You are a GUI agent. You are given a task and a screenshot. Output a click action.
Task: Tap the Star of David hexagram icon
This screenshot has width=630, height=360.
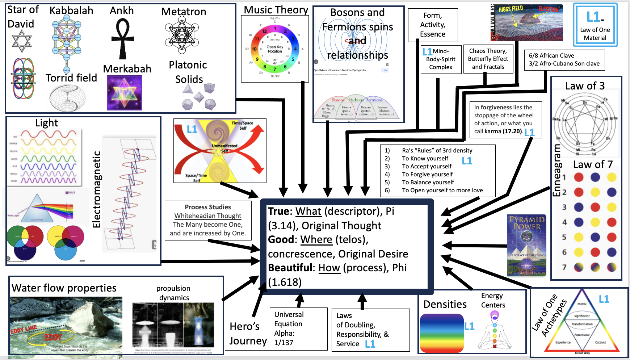pos(22,41)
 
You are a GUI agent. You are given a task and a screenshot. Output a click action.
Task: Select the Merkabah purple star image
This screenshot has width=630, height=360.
pos(124,93)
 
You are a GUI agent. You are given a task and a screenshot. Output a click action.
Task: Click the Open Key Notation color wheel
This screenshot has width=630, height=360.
pos(275,49)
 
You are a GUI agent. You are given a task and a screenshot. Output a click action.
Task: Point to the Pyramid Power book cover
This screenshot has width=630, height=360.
pos(526,245)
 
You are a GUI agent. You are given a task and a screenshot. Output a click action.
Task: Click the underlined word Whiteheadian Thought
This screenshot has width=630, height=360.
pos(207,216)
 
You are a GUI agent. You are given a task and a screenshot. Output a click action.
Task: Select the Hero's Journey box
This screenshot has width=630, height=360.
pos(248,334)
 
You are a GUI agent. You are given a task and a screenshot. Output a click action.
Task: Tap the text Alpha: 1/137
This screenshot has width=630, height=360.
pos(284,338)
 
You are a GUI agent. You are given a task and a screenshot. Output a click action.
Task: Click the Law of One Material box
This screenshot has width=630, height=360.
pos(595,25)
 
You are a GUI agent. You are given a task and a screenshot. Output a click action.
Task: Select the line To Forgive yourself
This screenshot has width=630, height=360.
pos(427,174)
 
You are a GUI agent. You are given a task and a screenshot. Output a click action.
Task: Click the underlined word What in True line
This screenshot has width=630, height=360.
pos(308,211)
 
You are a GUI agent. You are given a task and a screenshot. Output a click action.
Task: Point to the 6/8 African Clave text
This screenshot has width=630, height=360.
pos(551,55)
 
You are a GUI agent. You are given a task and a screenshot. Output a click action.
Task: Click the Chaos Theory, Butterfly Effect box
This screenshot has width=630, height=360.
pos(488,59)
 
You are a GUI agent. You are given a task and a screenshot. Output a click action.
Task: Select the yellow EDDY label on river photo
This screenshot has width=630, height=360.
pos(53,337)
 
